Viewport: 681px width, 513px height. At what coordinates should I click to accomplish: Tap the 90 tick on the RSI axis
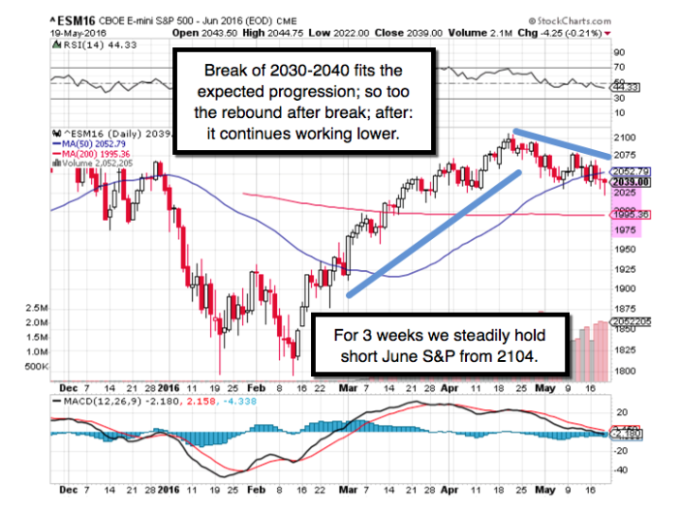(617, 51)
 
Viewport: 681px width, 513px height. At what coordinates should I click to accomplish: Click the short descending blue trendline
(562, 143)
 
